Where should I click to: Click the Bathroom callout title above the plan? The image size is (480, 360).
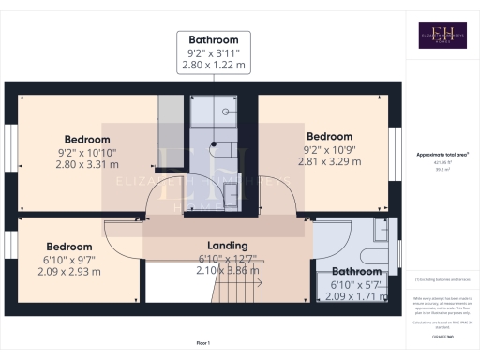(x=214, y=40)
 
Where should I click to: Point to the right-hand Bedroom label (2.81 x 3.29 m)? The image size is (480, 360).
(x=329, y=137)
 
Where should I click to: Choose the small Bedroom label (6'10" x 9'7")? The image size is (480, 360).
(x=70, y=247)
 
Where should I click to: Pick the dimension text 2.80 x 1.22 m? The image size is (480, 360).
(x=214, y=67)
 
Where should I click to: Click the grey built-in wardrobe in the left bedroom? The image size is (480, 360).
(x=170, y=119)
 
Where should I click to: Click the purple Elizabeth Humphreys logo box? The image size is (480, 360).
(x=442, y=35)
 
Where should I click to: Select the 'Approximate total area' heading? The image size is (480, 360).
(x=442, y=154)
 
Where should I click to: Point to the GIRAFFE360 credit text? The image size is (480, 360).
(x=442, y=337)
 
